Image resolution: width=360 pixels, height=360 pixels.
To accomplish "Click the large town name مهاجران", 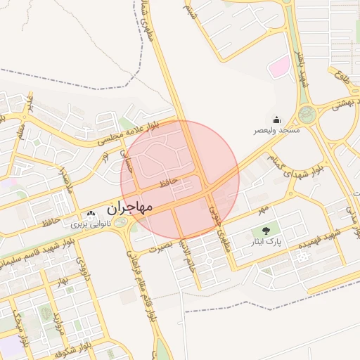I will pyautogui.click(x=129, y=209).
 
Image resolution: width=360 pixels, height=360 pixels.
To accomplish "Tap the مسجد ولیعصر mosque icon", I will pyautogui.click(x=276, y=120).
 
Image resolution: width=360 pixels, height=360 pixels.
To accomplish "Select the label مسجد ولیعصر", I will pyautogui.click(x=277, y=131).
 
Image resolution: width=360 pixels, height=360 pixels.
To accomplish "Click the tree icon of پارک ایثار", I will pyautogui.click(x=266, y=230).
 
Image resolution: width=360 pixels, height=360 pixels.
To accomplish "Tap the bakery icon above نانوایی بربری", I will pyautogui.click(x=90, y=214).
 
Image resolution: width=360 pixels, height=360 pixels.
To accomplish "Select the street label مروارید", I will pyautogui.click(x=58, y=320).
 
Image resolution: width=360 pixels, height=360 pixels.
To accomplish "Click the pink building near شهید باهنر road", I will pyautogui.click(x=280, y=68).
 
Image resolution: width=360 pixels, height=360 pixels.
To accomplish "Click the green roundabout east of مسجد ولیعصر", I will pyautogui.click(x=307, y=114).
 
